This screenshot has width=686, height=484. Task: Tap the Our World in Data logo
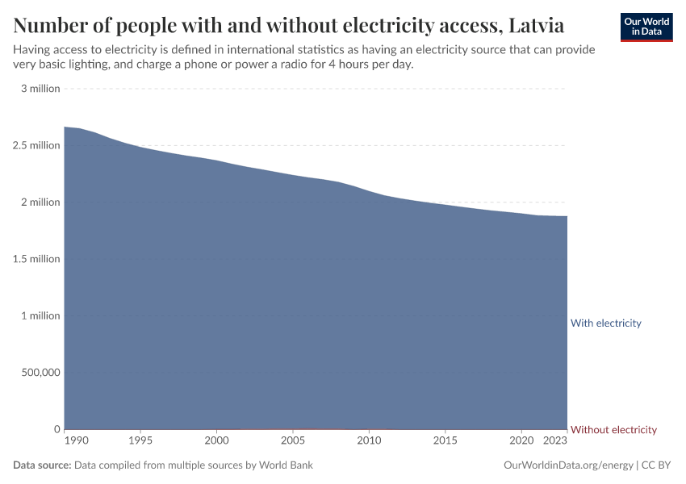pos(646,27)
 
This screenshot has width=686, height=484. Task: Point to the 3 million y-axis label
pos(40,89)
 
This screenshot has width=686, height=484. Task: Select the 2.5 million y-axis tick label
pos(37,145)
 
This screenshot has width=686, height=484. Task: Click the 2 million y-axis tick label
pos(40,202)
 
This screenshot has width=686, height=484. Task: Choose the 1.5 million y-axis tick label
pos(37,259)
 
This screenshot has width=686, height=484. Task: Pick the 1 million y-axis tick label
pos(40,315)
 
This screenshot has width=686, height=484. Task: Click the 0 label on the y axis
pos(56,429)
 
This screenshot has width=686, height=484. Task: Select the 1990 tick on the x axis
pos(76,442)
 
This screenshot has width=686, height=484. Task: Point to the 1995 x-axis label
pos(140,442)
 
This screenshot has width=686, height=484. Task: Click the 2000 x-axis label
pos(216,442)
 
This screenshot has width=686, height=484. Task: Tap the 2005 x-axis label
pos(292,442)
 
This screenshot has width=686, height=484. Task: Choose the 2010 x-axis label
pos(369,442)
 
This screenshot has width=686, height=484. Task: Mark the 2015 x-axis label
pos(445,442)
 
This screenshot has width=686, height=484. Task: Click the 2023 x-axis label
pos(554,442)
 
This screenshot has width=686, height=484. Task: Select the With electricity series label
pos(605,323)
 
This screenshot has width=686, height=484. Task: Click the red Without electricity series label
pos(613,430)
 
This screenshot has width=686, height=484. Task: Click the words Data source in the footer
pos(42,465)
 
